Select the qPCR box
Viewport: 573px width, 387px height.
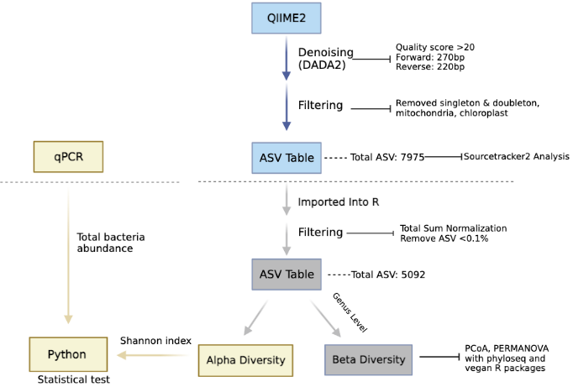click(68, 156)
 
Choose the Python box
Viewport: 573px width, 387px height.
click(69, 354)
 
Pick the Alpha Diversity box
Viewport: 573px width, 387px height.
click(245, 360)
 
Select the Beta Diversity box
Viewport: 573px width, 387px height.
click(368, 359)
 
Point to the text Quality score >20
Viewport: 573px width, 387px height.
click(435, 47)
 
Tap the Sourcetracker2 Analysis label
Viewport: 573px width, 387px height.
click(516, 156)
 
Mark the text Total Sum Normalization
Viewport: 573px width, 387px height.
click(453, 228)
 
